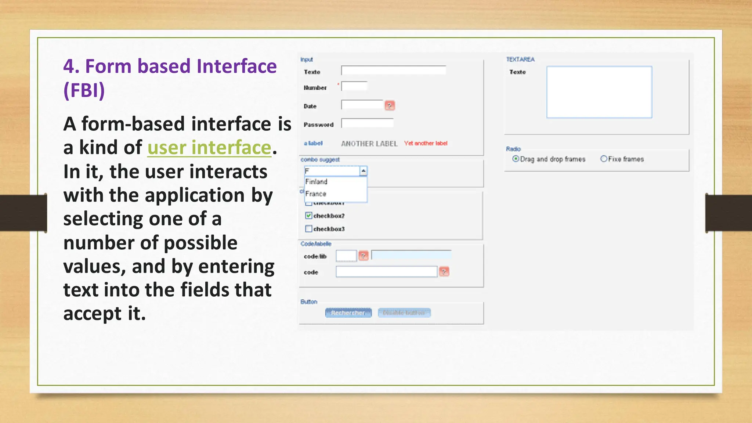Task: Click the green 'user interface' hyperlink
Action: [x=209, y=148]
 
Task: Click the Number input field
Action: [x=354, y=86]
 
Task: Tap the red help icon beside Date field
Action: [x=390, y=106]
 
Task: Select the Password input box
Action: [x=367, y=123]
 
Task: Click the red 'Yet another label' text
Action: [x=426, y=143]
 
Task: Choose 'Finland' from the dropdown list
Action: [x=317, y=182]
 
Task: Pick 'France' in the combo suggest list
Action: [x=316, y=194]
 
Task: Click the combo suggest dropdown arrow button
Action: [x=363, y=171]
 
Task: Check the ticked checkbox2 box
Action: [x=308, y=216]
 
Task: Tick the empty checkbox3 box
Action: [x=308, y=229]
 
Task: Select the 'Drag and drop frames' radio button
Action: [x=516, y=159]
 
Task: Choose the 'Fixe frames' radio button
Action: [x=604, y=159]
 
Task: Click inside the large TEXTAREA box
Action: [x=599, y=92]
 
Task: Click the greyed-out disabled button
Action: [x=404, y=313]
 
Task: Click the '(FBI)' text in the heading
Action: [x=84, y=90]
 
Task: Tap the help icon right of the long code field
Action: [x=444, y=272]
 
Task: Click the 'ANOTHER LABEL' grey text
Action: [x=369, y=144]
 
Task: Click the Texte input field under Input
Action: [x=393, y=70]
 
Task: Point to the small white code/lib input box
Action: [x=346, y=256]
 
